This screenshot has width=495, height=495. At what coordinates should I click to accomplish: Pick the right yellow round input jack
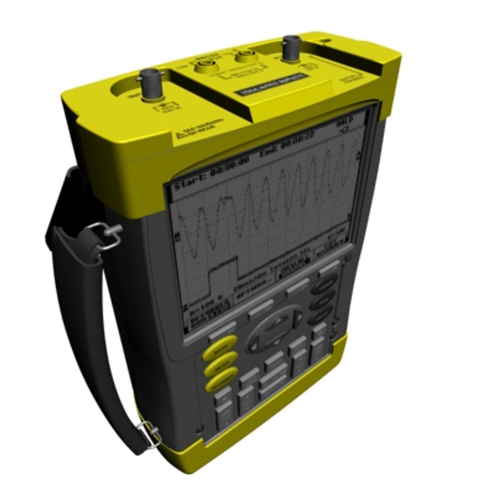tap(245, 57)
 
